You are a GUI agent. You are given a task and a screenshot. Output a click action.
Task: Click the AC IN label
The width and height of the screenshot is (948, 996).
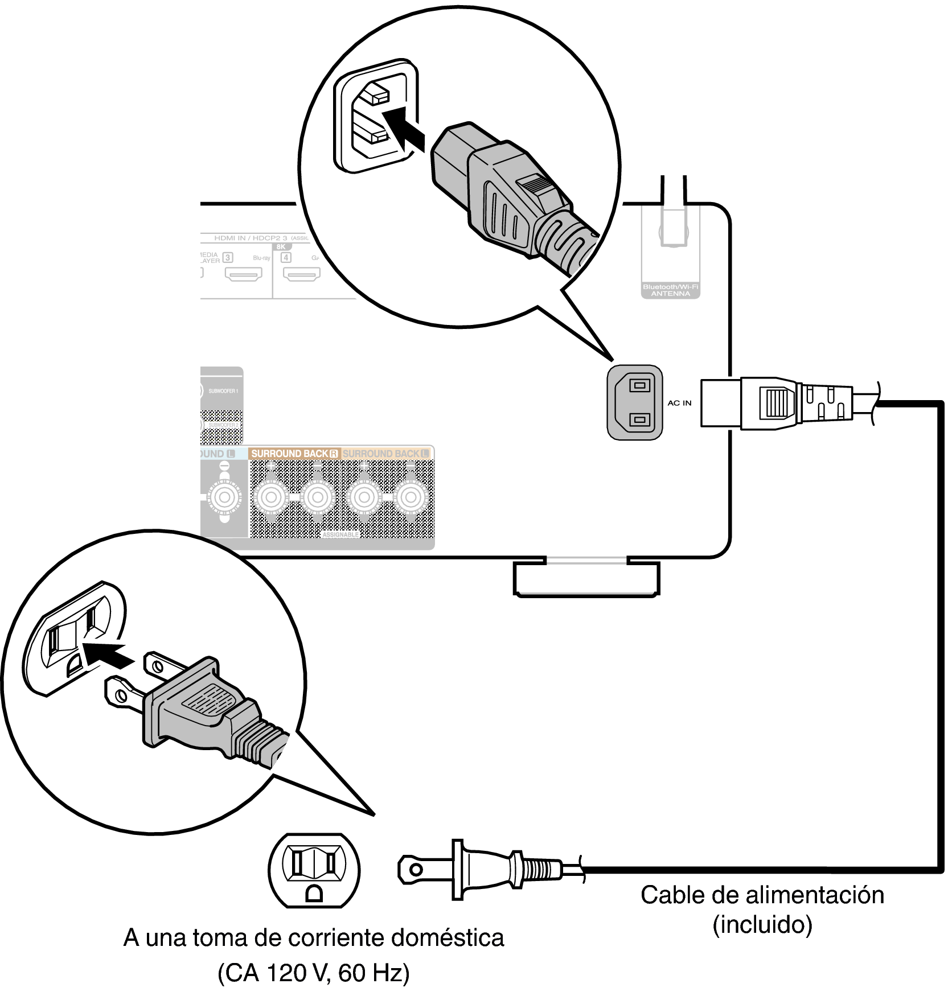pos(679,403)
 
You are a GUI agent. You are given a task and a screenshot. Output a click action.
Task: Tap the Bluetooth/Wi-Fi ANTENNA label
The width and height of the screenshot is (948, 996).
pos(670,290)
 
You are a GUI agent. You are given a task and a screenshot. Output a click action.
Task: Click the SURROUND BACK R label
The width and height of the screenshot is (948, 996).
pos(294,454)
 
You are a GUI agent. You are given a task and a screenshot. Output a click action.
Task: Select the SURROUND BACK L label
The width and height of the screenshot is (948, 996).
pos(386,454)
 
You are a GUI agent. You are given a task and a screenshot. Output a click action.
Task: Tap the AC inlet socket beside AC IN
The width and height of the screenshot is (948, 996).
pos(635,403)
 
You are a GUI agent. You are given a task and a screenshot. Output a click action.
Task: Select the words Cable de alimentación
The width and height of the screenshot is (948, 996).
pos(762,895)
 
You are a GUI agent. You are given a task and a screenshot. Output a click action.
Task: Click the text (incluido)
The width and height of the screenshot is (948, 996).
pos(762,924)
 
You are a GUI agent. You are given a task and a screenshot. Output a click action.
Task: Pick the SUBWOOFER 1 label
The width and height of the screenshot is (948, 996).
pos(223,392)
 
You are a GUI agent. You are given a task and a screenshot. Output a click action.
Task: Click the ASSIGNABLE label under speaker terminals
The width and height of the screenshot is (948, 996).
pos(340,536)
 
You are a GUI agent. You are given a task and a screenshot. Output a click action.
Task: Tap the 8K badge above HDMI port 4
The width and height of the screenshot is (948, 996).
pos(281,247)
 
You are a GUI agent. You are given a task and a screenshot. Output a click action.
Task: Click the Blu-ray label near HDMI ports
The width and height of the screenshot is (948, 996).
pos(261,258)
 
